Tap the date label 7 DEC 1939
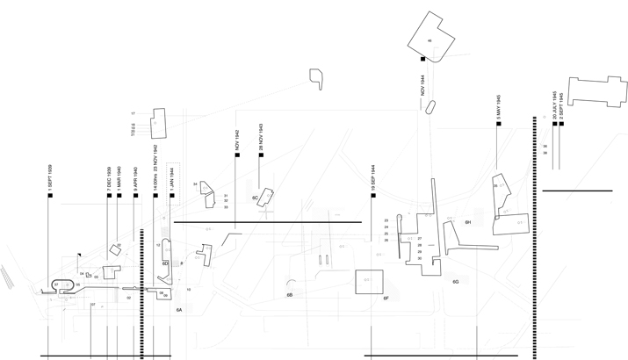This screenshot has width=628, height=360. pos(109,178)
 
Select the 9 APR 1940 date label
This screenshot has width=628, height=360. pos(135,178)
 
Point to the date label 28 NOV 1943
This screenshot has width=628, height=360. pos(262,138)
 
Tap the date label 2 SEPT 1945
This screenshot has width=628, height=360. pos(562,104)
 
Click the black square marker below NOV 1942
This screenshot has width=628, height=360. pos(237,156)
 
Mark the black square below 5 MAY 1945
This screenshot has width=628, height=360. pos(498,124)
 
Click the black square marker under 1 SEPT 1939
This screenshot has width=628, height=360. pos(51,195)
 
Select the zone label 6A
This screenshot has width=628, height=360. pos(179,310)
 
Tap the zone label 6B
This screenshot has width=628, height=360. pos(289,295)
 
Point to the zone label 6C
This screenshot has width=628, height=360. pos(255,198)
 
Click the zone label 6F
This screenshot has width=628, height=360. pos(386,299)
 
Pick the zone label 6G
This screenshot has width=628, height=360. pos(456,282)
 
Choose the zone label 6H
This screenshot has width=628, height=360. pos(468,223)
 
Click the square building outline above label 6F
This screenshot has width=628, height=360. pos(369,281)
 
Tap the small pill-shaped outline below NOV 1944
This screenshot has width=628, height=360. pos(431,106)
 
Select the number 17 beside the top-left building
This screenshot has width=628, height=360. pos(133,114)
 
